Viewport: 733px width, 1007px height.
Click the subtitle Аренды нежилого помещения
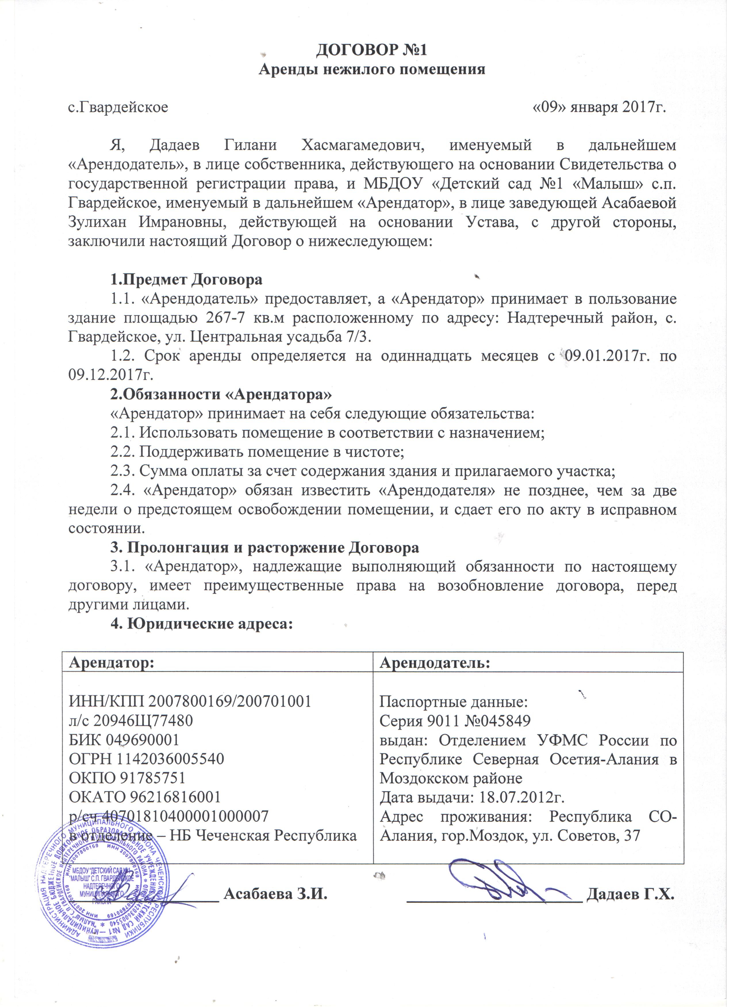pos(372,70)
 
